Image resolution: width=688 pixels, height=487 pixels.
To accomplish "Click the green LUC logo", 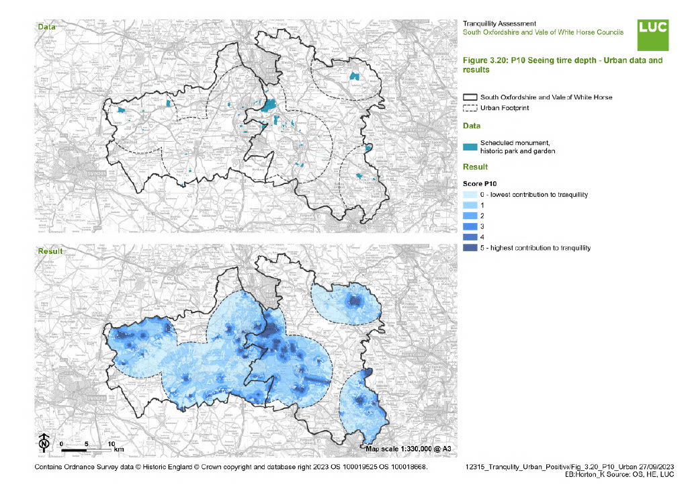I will [x=652, y=35].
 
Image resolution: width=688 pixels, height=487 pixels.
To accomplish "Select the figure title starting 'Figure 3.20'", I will [x=562, y=64].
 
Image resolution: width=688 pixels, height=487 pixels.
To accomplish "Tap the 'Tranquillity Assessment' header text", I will [x=499, y=24].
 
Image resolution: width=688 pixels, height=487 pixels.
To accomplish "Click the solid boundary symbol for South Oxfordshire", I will [x=470, y=97].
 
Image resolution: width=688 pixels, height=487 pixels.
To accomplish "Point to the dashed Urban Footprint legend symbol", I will [x=470, y=108].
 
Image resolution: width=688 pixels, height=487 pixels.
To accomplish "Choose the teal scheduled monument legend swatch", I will [x=470, y=147].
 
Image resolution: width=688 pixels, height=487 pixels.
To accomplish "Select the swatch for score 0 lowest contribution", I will [x=470, y=194].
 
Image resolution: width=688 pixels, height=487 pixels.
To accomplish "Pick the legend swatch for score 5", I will [x=470, y=248].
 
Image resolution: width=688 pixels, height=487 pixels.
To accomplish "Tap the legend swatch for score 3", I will [x=470, y=226].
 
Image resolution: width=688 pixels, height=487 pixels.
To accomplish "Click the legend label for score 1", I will [x=482, y=205].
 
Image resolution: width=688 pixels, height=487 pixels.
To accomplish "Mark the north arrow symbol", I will [x=43, y=443].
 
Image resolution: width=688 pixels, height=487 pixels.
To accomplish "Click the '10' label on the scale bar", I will [x=112, y=444].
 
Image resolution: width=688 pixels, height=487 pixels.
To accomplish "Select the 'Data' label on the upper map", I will [x=46, y=27].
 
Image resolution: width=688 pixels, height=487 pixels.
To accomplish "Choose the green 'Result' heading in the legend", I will [x=475, y=167].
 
